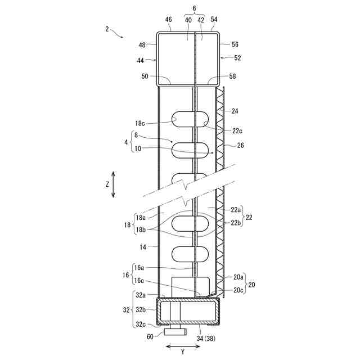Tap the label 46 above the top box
[168, 20]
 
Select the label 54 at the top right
[214, 20]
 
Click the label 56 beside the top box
[235, 44]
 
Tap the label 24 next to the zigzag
[235, 111]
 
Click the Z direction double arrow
[113, 184]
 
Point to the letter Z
[107, 184]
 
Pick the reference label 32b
[140, 309]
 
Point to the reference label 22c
[236, 132]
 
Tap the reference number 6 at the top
[195, 9]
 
